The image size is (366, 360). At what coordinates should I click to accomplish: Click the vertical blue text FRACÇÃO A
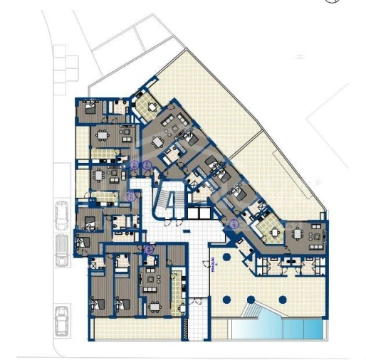point(212,265)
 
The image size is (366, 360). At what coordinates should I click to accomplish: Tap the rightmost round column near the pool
point(282,300)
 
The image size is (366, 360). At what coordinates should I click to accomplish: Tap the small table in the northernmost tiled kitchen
point(151,107)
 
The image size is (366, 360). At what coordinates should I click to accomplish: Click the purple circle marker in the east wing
point(234,223)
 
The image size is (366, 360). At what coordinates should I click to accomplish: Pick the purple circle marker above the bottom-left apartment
point(149,249)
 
